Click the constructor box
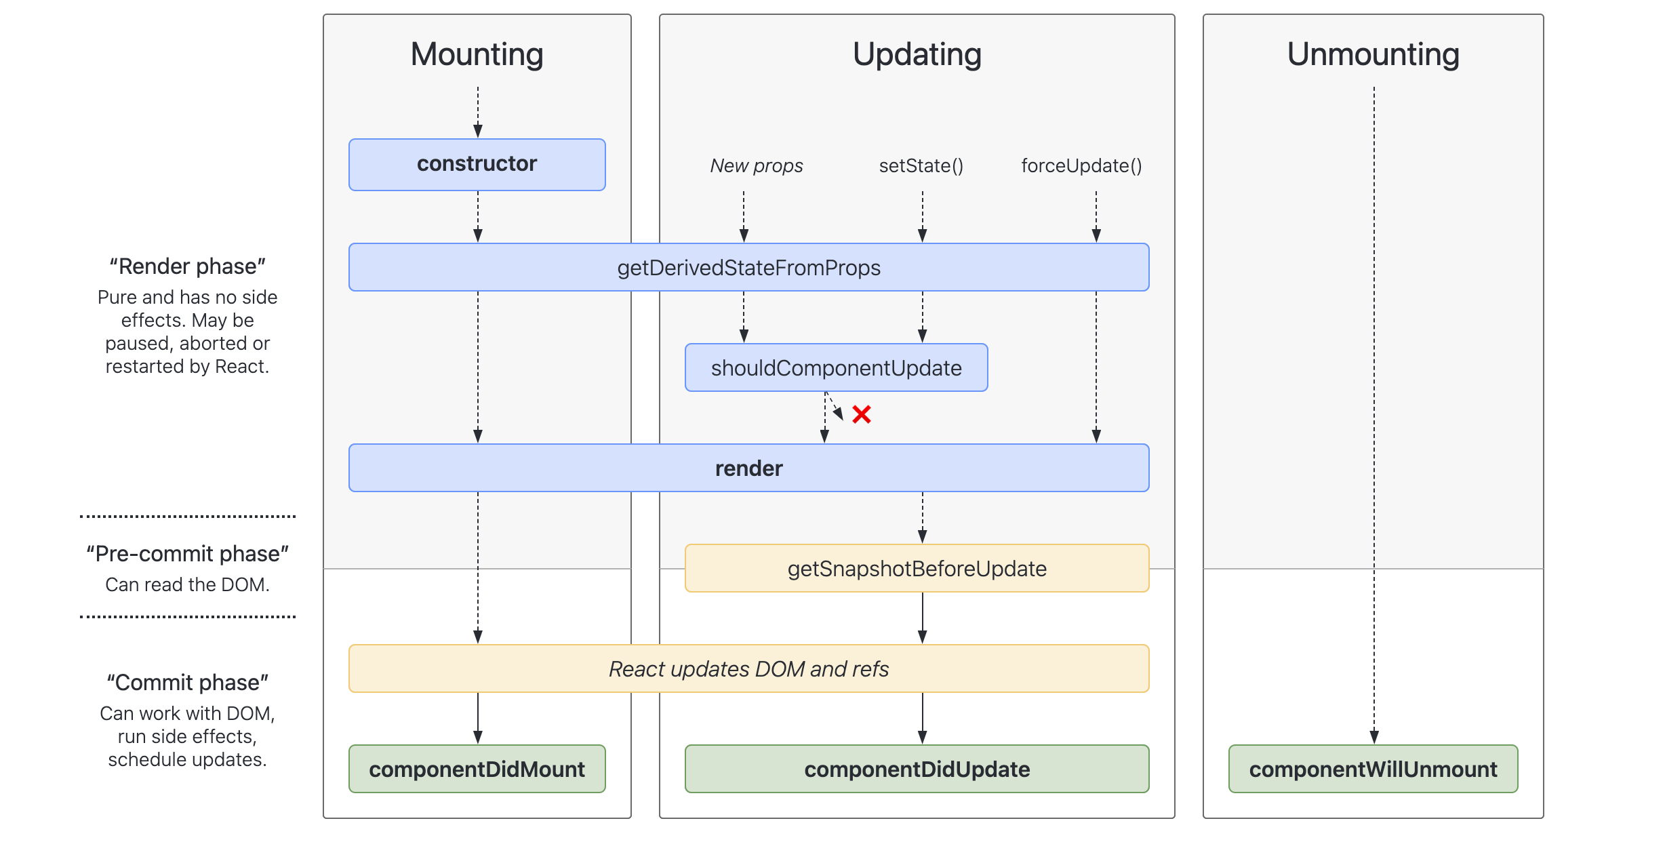pos(477,165)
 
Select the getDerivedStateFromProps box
pos(749,267)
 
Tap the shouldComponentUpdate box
pos(837,367)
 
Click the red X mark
pos(862,414)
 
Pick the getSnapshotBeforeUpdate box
pos(917,568)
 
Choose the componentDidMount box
pos(477,769)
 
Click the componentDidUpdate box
pos(917,769)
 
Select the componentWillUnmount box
pos(1373,769)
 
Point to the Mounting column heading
pos(477,54)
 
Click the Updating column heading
pos(917,54)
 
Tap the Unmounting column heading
pos(1373,54)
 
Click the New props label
pos(757,166)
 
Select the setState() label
pos(921,166)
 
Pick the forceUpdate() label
pos(1082,166)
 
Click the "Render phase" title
pos(188,266)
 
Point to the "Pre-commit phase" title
pos(188,554)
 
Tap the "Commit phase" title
pos(188,683)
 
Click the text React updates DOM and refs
pos(749,669)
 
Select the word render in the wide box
pos(749,468)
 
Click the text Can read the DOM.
pos(188,584)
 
